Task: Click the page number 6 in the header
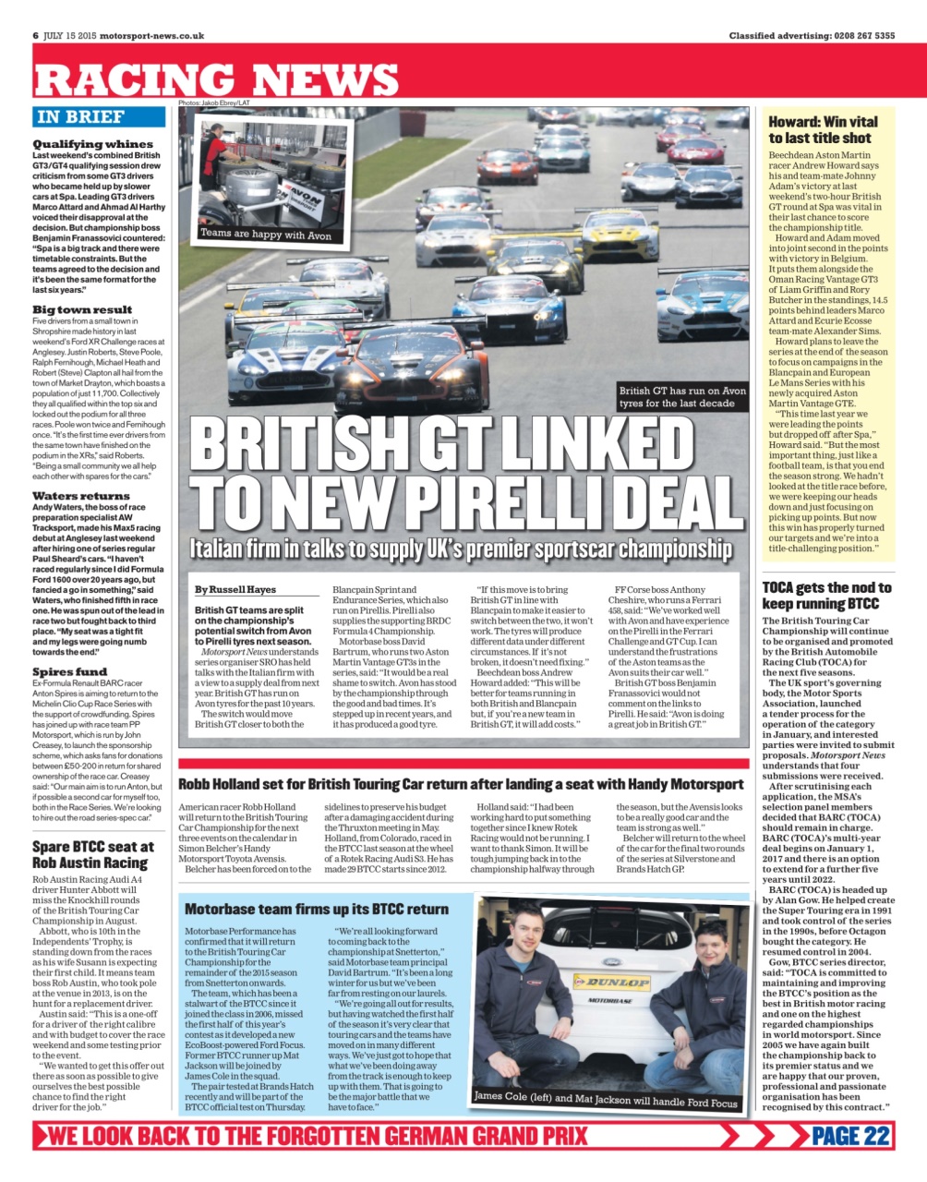point(35,36)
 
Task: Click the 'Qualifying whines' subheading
point(92,144)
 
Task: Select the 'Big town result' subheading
point(82,309)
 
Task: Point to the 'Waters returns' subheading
point(81,496)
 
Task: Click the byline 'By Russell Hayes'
point(235,589)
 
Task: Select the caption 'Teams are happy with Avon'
point(266,235)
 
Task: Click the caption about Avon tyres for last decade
point(682,397)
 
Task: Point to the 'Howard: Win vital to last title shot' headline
point(823,129)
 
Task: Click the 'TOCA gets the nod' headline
point(826,596)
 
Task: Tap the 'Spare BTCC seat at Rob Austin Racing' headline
point(90,854)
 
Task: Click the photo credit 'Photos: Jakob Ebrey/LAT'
point(214,103)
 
